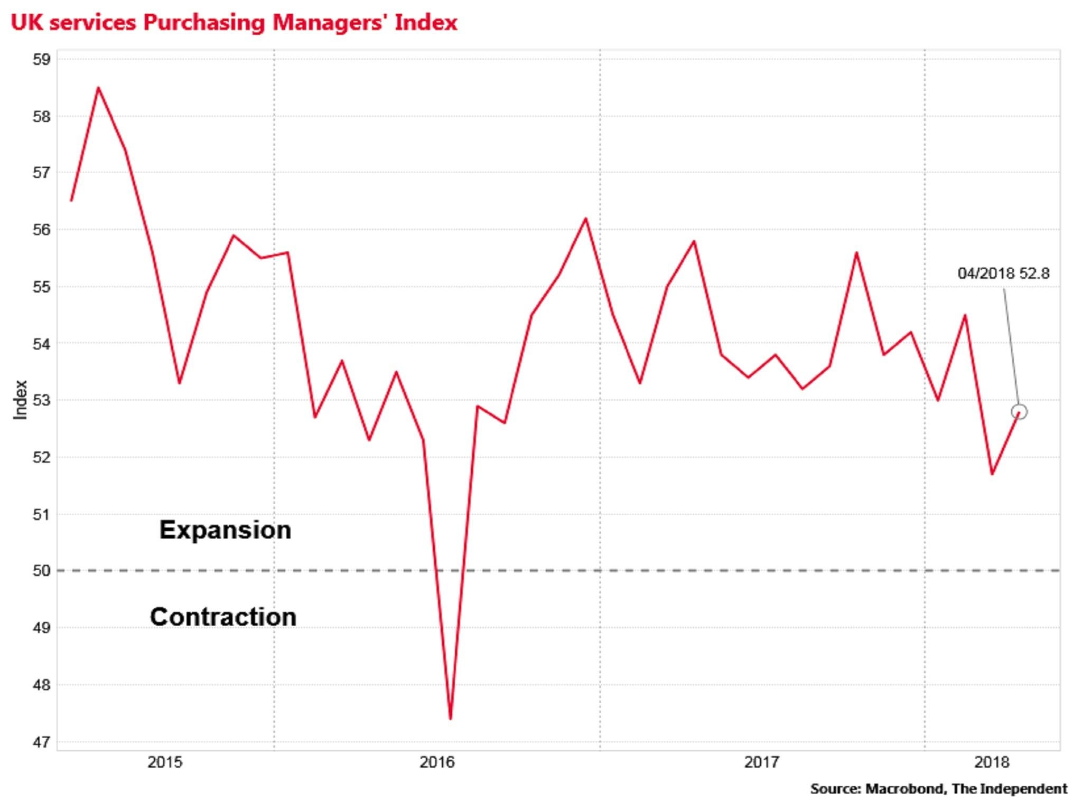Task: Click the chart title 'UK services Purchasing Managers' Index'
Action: click(x=234, y=23)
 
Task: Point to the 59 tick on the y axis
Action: click(x=42, y=59)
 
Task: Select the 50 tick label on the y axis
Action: click(x=42, y=571)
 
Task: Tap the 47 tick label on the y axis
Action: click(x=42, y=742)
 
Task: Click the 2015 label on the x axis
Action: click(x=165, y=762)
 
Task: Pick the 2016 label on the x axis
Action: click(x=437, y=762)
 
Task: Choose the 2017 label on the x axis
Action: click(x=761, y=762)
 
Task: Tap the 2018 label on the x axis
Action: click(x=992, y=762)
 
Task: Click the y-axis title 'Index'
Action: click(x=20, y=400)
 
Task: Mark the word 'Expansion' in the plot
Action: click(x=225, y=530)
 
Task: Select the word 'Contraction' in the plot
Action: click(x=223, y=617)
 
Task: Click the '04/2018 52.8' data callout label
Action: click(x=1003, y=274)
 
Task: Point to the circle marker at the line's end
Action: click(x=1019, y=412)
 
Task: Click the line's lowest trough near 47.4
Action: click(x=450, y=719)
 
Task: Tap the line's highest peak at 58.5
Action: click(x=98, y=88)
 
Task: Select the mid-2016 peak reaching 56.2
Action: click(x=585, y=219)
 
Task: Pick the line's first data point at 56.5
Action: click(x=71, y=201)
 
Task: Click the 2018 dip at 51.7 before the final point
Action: click(x=992, y=474)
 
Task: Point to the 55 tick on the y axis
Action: click(x=42, y=287)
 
